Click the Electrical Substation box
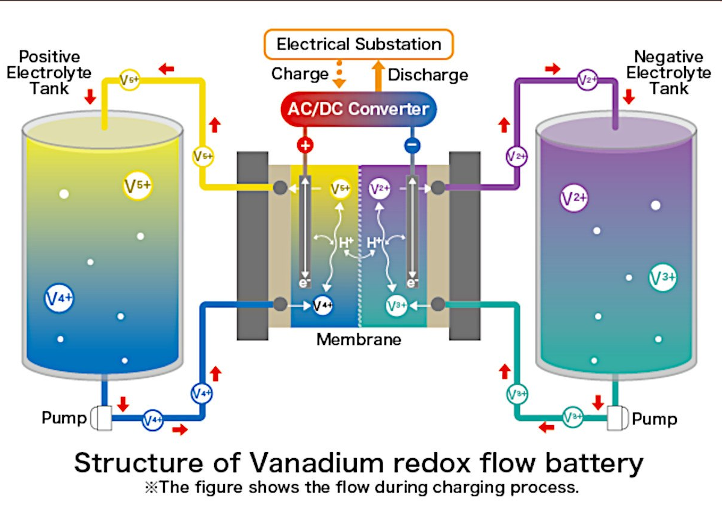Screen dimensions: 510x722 (359, 45)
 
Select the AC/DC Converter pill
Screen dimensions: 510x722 (359, 109)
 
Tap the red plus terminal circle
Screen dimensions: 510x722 (305, 145)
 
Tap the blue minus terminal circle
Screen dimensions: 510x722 (412, 145)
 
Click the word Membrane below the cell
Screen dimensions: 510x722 (359, 339)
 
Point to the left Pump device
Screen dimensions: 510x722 (101, 417)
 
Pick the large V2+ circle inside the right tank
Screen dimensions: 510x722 (574, 199)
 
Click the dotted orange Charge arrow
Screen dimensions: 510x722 (339, 74)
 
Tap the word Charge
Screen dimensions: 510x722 (300, 74)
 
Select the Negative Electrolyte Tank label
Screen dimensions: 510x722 (668, 72)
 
